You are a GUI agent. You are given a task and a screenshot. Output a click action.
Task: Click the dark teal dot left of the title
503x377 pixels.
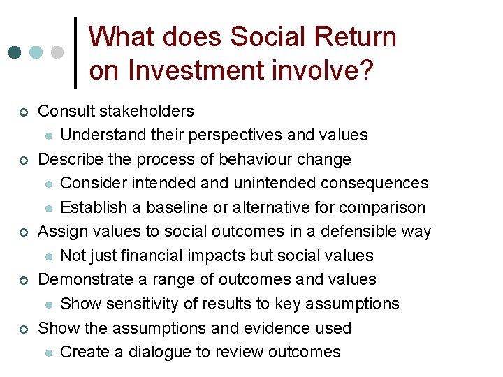(x=15, y=53)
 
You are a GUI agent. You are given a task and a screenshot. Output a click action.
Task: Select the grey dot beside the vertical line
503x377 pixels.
(x=58, y=53)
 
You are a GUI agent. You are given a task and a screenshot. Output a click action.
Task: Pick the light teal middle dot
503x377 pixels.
(x=36, y=53)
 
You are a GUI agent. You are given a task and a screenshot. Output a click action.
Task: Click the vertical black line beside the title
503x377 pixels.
(x=75, y=52)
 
